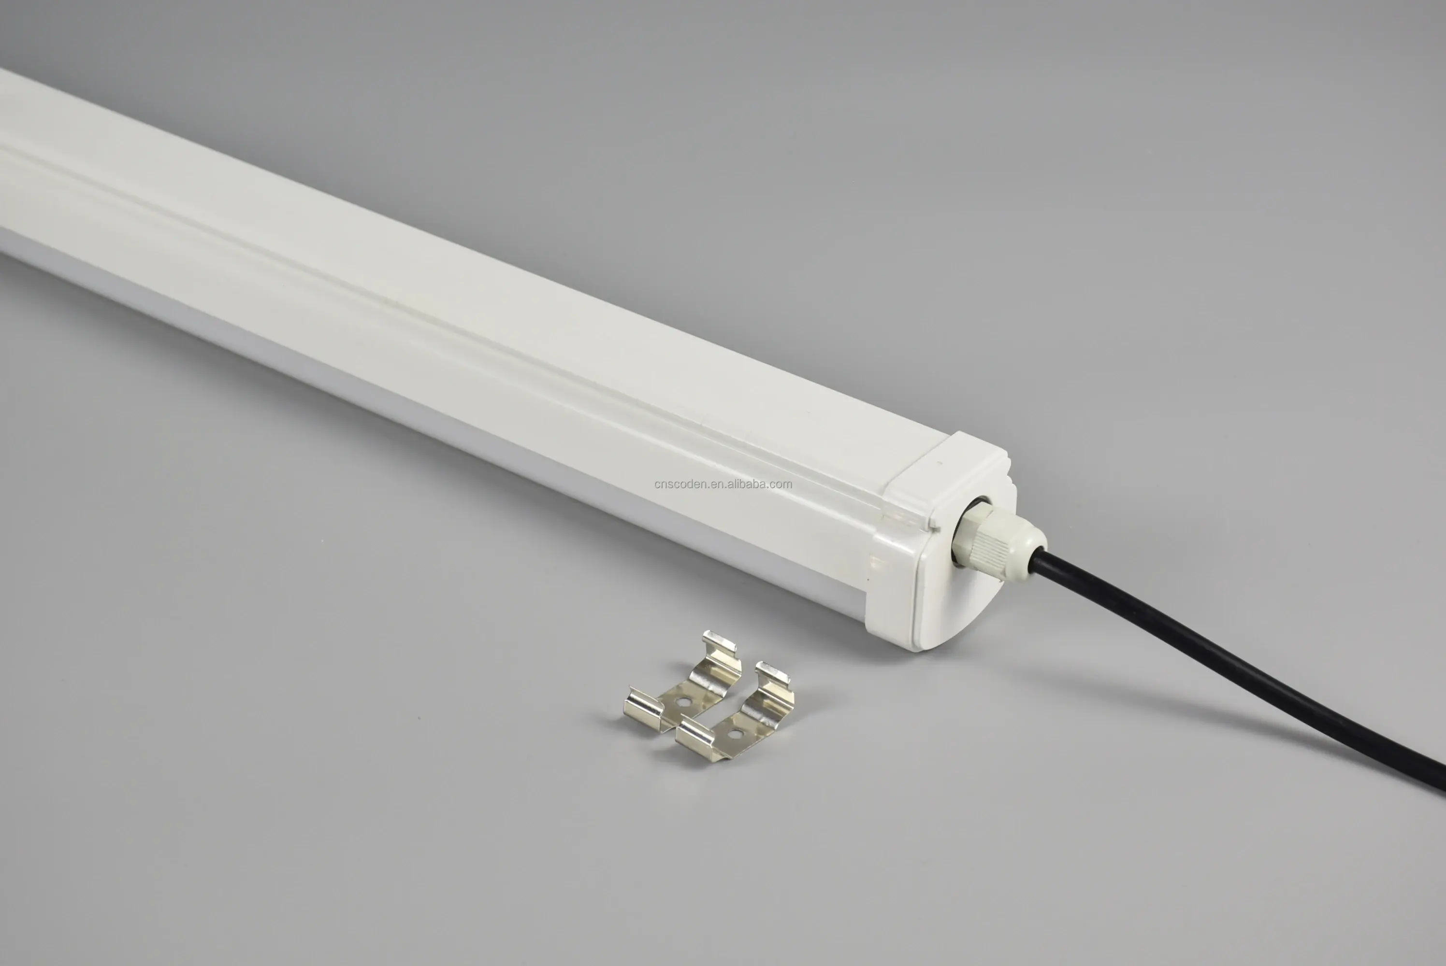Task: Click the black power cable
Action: point(1239,671)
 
